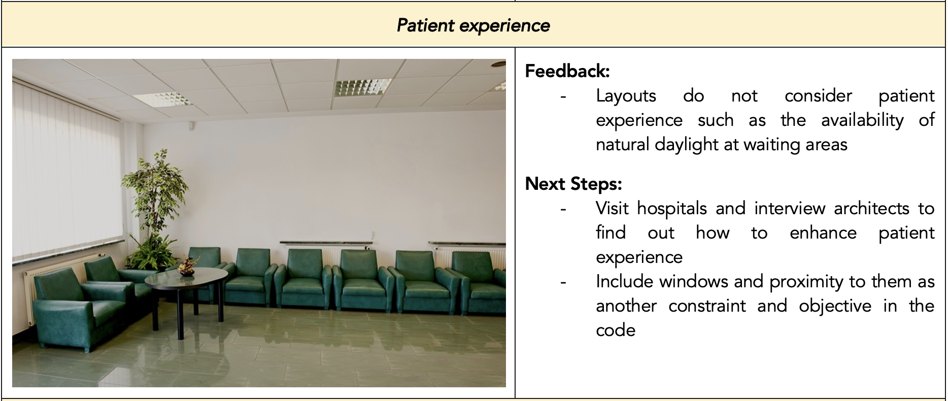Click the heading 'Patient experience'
point(473,25)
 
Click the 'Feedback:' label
point(567,71)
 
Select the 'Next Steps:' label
point(573,184)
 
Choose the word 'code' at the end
point(616,330)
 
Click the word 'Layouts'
point(626,96)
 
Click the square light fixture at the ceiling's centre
point(364,87)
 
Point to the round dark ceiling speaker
point(498,64)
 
